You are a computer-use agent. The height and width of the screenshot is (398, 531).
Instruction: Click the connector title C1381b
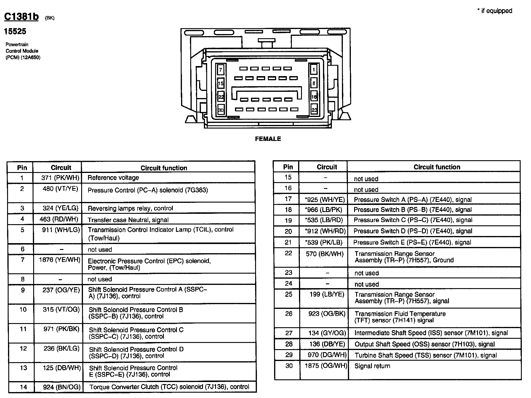click(21, 17)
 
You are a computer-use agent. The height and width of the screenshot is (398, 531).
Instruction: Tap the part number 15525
click(15, 31)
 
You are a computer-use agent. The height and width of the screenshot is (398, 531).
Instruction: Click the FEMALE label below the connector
click(268, 139)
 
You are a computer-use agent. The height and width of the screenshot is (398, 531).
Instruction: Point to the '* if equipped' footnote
click(495, 11)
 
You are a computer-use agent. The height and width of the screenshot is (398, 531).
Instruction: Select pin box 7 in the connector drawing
click(220, 70)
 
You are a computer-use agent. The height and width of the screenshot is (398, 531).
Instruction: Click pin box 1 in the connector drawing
click(314, 70)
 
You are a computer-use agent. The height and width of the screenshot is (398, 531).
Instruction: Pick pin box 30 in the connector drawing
click(221, 110)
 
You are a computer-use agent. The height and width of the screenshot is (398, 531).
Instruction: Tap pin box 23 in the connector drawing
click(314, 110)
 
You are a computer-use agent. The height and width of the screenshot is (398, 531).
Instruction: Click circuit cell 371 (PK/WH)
click(60, 178)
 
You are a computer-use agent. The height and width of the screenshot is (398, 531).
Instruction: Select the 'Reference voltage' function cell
click(113, 178)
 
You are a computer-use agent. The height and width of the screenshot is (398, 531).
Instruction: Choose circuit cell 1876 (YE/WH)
click(60, 260)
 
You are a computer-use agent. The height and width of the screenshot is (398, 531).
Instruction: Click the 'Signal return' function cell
click(372, 366)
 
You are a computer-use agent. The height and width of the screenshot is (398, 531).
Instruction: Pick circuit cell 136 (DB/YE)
click(327, 344)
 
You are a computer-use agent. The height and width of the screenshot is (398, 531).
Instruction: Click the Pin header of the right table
click(288, 167)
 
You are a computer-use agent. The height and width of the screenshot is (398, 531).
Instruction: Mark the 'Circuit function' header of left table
click(164, 168)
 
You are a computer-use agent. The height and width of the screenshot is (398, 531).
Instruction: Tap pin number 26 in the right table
click(289, 314)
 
